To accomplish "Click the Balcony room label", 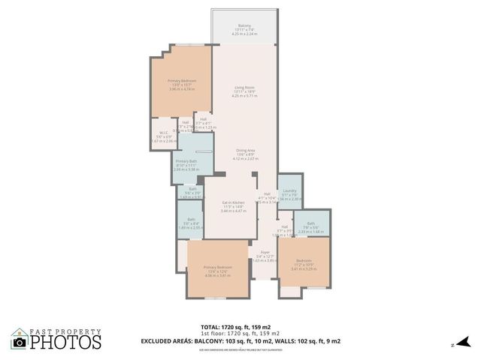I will tap(244, 25).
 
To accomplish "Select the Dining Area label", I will tap(244, 151).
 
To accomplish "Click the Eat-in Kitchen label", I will tap(233, 202).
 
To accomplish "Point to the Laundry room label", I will tap(289, 190).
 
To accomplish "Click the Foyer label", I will tap(265, 252).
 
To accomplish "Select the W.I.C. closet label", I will tap(161, 133).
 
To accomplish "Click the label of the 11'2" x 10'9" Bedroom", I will tap(304, 260).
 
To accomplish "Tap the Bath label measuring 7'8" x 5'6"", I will tap(310, 223).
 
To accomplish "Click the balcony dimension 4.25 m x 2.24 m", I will tap(244, 34).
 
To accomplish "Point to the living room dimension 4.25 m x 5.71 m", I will tap(244, 96).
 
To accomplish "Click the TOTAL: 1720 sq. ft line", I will tap(240, 327).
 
